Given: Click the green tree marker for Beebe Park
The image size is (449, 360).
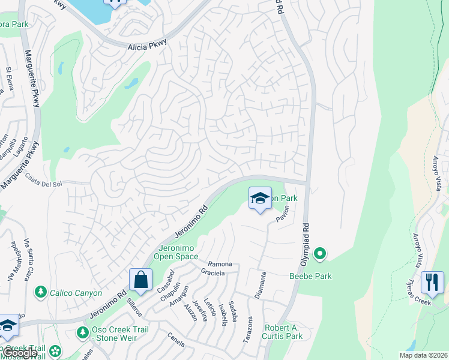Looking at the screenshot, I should (320, 255).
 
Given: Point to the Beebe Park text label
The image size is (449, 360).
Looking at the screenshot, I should (310, 276).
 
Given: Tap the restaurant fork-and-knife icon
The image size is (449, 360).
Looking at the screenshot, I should (433, 282).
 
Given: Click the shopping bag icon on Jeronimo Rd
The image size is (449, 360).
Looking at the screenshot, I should (140, 280).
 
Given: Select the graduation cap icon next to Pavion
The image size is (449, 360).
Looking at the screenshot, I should (260, 199).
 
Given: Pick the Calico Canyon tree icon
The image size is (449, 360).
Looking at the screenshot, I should (41, 292).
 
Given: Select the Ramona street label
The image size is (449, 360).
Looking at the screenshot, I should (220, 264).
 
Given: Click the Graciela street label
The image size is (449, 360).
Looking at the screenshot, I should (213, 273).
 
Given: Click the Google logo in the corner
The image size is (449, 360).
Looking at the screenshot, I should (19, 353).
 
